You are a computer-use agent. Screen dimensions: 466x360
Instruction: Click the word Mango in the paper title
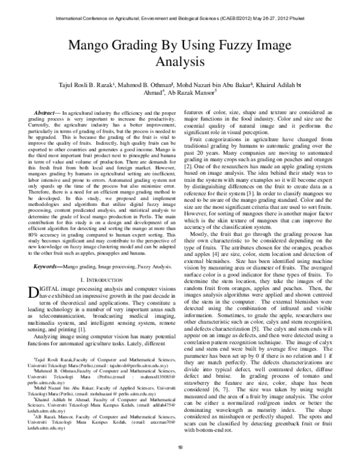coord(92,46)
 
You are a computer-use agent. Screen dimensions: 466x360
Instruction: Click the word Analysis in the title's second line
coord(179,61)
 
